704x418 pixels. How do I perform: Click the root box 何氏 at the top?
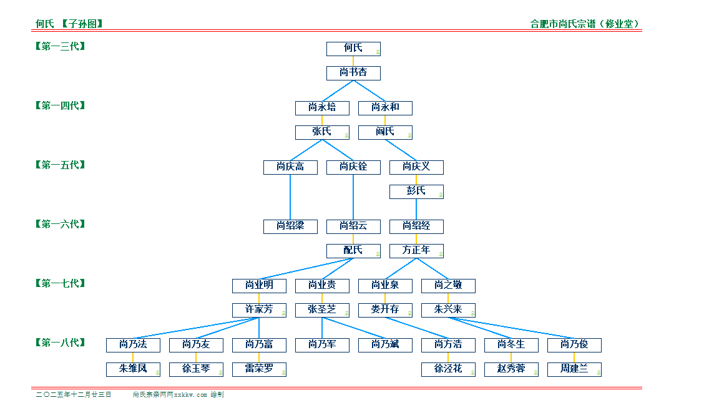(x=353, y=49)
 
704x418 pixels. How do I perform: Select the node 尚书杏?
(x=353, y=73)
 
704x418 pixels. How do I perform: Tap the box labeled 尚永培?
(x=322, y=108)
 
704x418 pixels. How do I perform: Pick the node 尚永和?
(x=385, y=108)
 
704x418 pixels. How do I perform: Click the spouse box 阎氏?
(x=385, y=132)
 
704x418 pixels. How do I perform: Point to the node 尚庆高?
(x=290, y=167)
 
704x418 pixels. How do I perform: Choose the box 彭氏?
(x=416, y=192)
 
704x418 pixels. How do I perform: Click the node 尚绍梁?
(x=290, y=226)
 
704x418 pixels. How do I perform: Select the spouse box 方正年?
(x=416, y=251)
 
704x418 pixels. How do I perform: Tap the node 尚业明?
(x=259, y=286)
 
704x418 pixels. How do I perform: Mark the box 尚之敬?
(x=448, y=286)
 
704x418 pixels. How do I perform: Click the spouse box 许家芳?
(x=259, y=310)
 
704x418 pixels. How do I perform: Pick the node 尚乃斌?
(x=385, y=345)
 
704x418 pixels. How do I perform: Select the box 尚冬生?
(x=511, y=345)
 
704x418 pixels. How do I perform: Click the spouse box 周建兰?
(x=574, y=369)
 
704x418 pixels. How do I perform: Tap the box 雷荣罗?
(x=259, y=369)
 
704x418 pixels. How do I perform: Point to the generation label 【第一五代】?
(x=60, y=165)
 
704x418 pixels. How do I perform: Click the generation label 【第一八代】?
(x=60, y=343)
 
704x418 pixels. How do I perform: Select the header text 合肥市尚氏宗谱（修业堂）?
(x=585, y=24)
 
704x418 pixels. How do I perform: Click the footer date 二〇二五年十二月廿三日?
(x=74, y=395)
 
